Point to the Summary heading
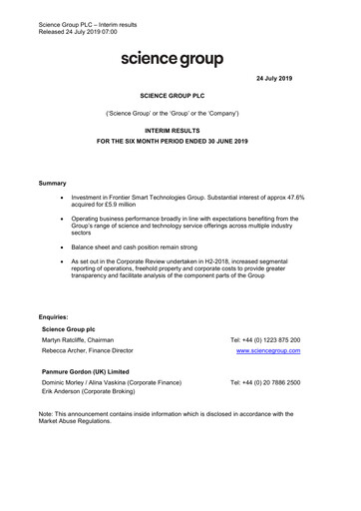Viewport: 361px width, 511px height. point(52,184)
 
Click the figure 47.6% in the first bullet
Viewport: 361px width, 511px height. point(288,198)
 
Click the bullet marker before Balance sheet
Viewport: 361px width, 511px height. point(64,245)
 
